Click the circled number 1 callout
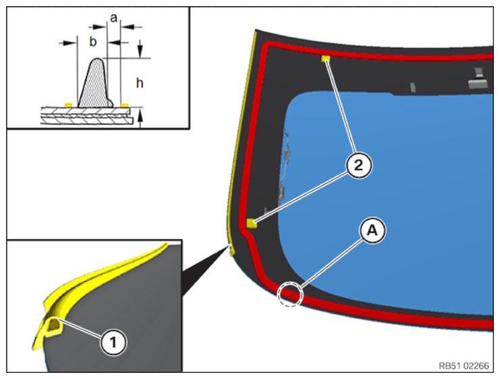[113, 343]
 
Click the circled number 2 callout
[359, 166]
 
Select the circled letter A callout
[372, 230]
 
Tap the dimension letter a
[113, 18]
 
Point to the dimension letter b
[92, 41]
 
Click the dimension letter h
[140, 83]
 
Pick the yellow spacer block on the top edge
[326, 58]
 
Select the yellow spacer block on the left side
[252, 223]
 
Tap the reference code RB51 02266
[464, 365]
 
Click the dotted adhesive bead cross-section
[94, 84]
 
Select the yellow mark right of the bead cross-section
[124, 105]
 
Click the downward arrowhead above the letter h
[140, 50]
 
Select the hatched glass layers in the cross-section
[86, 116]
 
